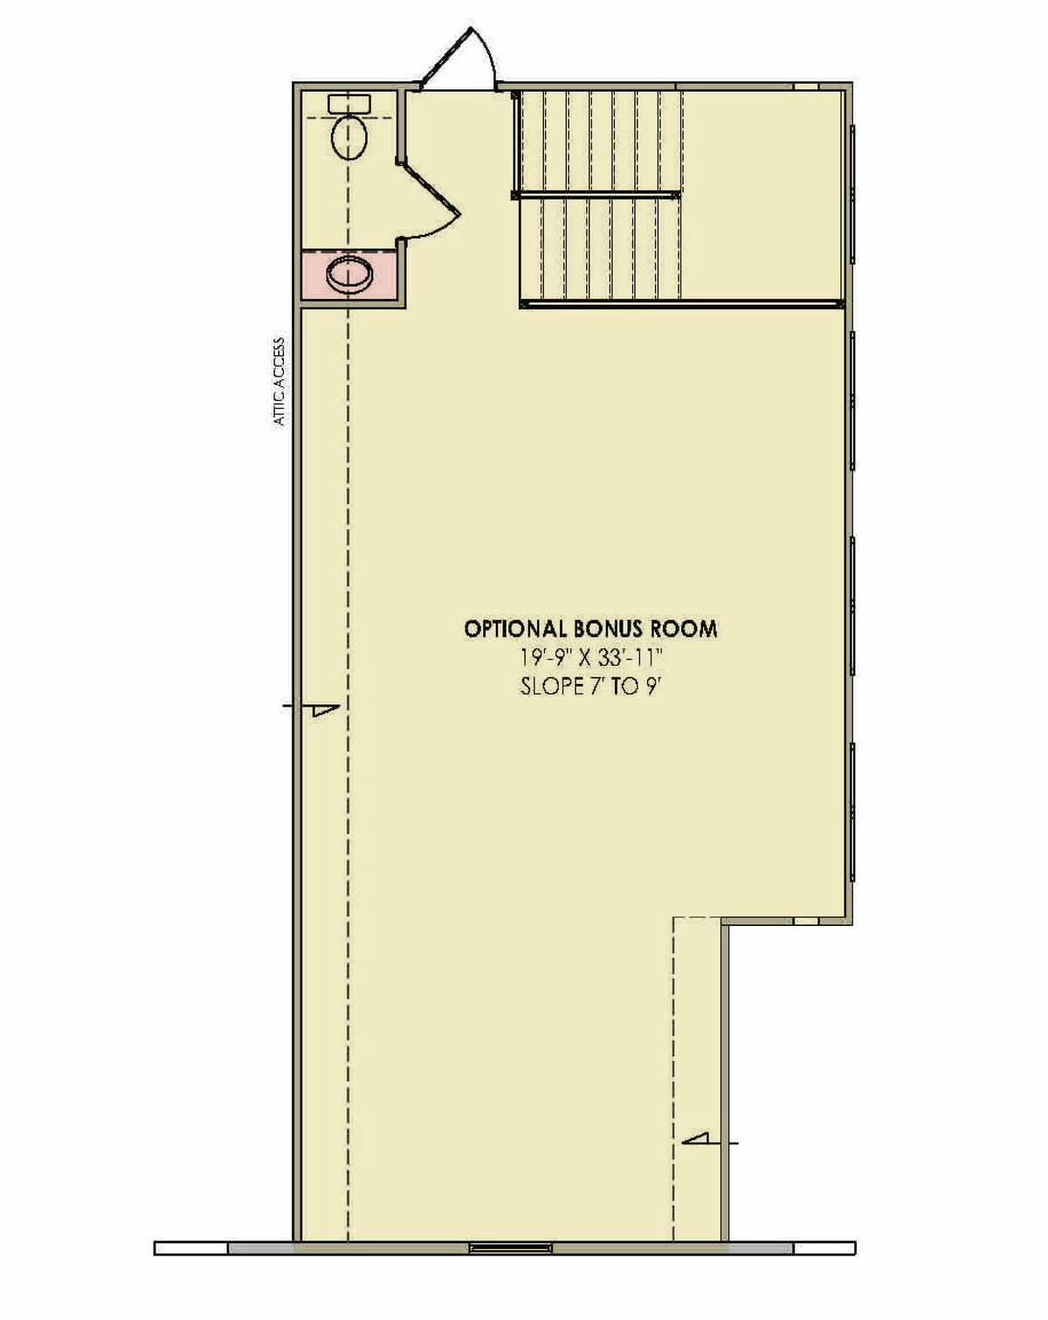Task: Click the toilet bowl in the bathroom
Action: click(x=349, y=135)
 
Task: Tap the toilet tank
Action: click(x=349, y=102)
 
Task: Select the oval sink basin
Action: click(x=349, y=274)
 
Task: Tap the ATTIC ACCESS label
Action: click(x=279, y=381)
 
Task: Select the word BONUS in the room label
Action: click(x=608, y=629)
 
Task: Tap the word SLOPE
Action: click(x=549, y=686)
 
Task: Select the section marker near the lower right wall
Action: click(x=710, y=1142)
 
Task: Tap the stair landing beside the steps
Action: click(x=761, y=195)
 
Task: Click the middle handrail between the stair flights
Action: click(x=596, y=195)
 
